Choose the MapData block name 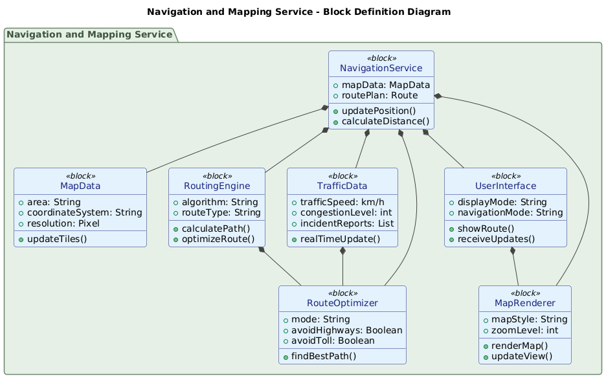coord(80,186)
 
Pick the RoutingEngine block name coord(216,186)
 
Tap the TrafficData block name coord(342,186)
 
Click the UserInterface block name coord(506,186)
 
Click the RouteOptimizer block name coord(342,304)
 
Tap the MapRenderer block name coord(524,304)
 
